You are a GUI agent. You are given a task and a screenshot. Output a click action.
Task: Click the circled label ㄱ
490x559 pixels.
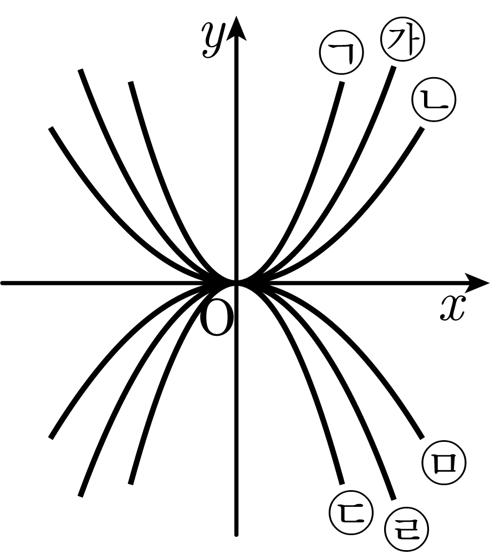[341, 52]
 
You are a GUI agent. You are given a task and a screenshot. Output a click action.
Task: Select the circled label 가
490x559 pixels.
[402, 38]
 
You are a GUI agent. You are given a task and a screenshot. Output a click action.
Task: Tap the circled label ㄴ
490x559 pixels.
[434, 99]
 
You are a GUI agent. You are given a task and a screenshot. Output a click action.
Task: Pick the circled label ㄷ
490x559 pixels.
[351, 513]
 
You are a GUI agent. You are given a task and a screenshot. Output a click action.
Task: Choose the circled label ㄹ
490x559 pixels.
[406, 530]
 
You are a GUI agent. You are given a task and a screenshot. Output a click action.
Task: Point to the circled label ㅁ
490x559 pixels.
[445, 463]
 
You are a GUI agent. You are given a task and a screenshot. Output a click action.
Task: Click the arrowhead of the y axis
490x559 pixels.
[236, 27]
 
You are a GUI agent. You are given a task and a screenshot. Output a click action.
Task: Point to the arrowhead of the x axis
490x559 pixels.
[477, 283]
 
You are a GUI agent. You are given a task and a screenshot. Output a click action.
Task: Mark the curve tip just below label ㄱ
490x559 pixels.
[342, 82]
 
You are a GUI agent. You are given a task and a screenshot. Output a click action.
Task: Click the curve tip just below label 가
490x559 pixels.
[394, 67]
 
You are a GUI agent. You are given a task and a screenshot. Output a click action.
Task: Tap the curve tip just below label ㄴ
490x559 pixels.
[423, 128]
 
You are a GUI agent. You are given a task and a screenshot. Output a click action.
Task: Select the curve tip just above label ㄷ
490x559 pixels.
[343, 484]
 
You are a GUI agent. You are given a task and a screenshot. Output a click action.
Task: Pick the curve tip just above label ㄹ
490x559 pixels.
[394, 499]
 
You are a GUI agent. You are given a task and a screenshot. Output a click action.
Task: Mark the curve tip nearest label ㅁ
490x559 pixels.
[422, 437]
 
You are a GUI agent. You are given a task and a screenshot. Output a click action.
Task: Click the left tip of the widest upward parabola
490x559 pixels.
[51, 128]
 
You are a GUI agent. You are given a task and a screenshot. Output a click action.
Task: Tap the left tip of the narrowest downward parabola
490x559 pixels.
[130, 484]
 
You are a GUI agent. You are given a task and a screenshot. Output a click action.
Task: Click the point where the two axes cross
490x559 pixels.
[236, 283]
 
